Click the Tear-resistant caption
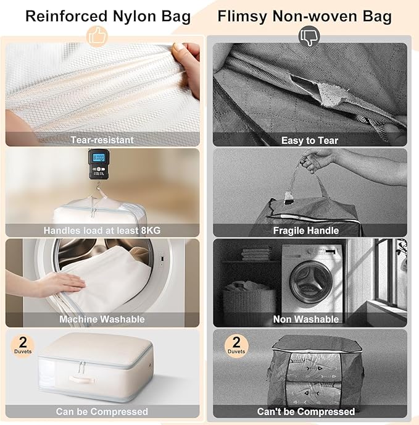[102, 140]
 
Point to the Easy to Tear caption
[310, 140]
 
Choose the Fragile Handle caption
[306, 230]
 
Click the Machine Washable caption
[102, 319]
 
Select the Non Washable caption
[306, 319]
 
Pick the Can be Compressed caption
[102, 411]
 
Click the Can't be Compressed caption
[306, 411]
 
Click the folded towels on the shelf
[252, 253]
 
